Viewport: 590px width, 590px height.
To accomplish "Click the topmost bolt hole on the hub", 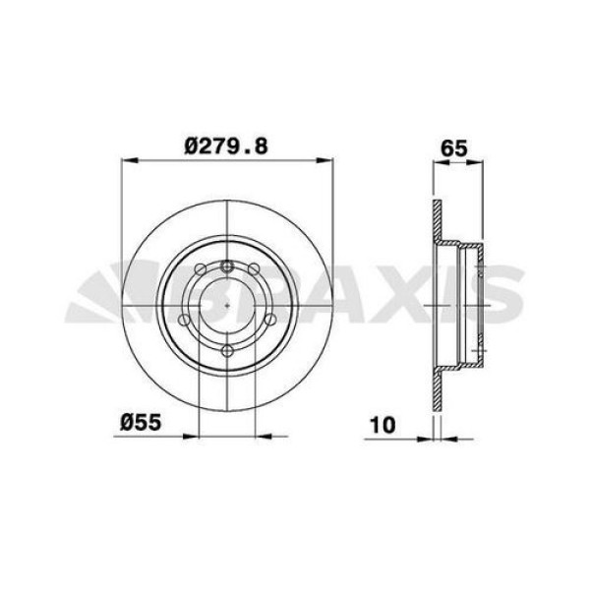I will pos(227,265).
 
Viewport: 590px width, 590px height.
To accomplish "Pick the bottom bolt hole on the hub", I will pos(227,351).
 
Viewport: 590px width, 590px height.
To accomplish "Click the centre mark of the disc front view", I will pos(227,308).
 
